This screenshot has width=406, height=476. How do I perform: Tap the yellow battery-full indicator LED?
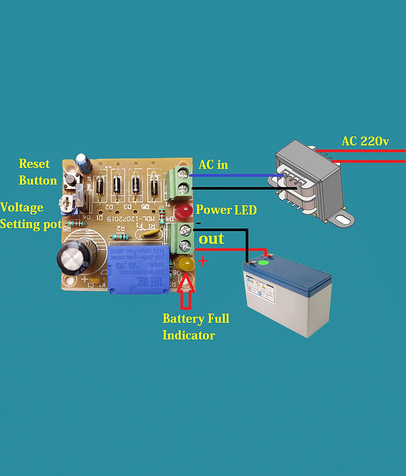click(183, 263)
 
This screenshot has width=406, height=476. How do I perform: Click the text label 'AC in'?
click(213, 165)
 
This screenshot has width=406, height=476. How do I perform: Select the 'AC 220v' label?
click(365, 142)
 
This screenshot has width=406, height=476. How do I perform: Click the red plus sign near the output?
click(203, 261)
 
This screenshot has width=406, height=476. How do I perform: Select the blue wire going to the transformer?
click(234, 176)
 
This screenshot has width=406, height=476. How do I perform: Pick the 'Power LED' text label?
click(226, 210)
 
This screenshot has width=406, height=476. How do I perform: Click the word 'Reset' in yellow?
click(34, 164)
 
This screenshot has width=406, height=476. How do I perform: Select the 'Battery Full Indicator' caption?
click(195, 327)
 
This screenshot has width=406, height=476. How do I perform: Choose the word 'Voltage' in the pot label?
click(22, 207)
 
